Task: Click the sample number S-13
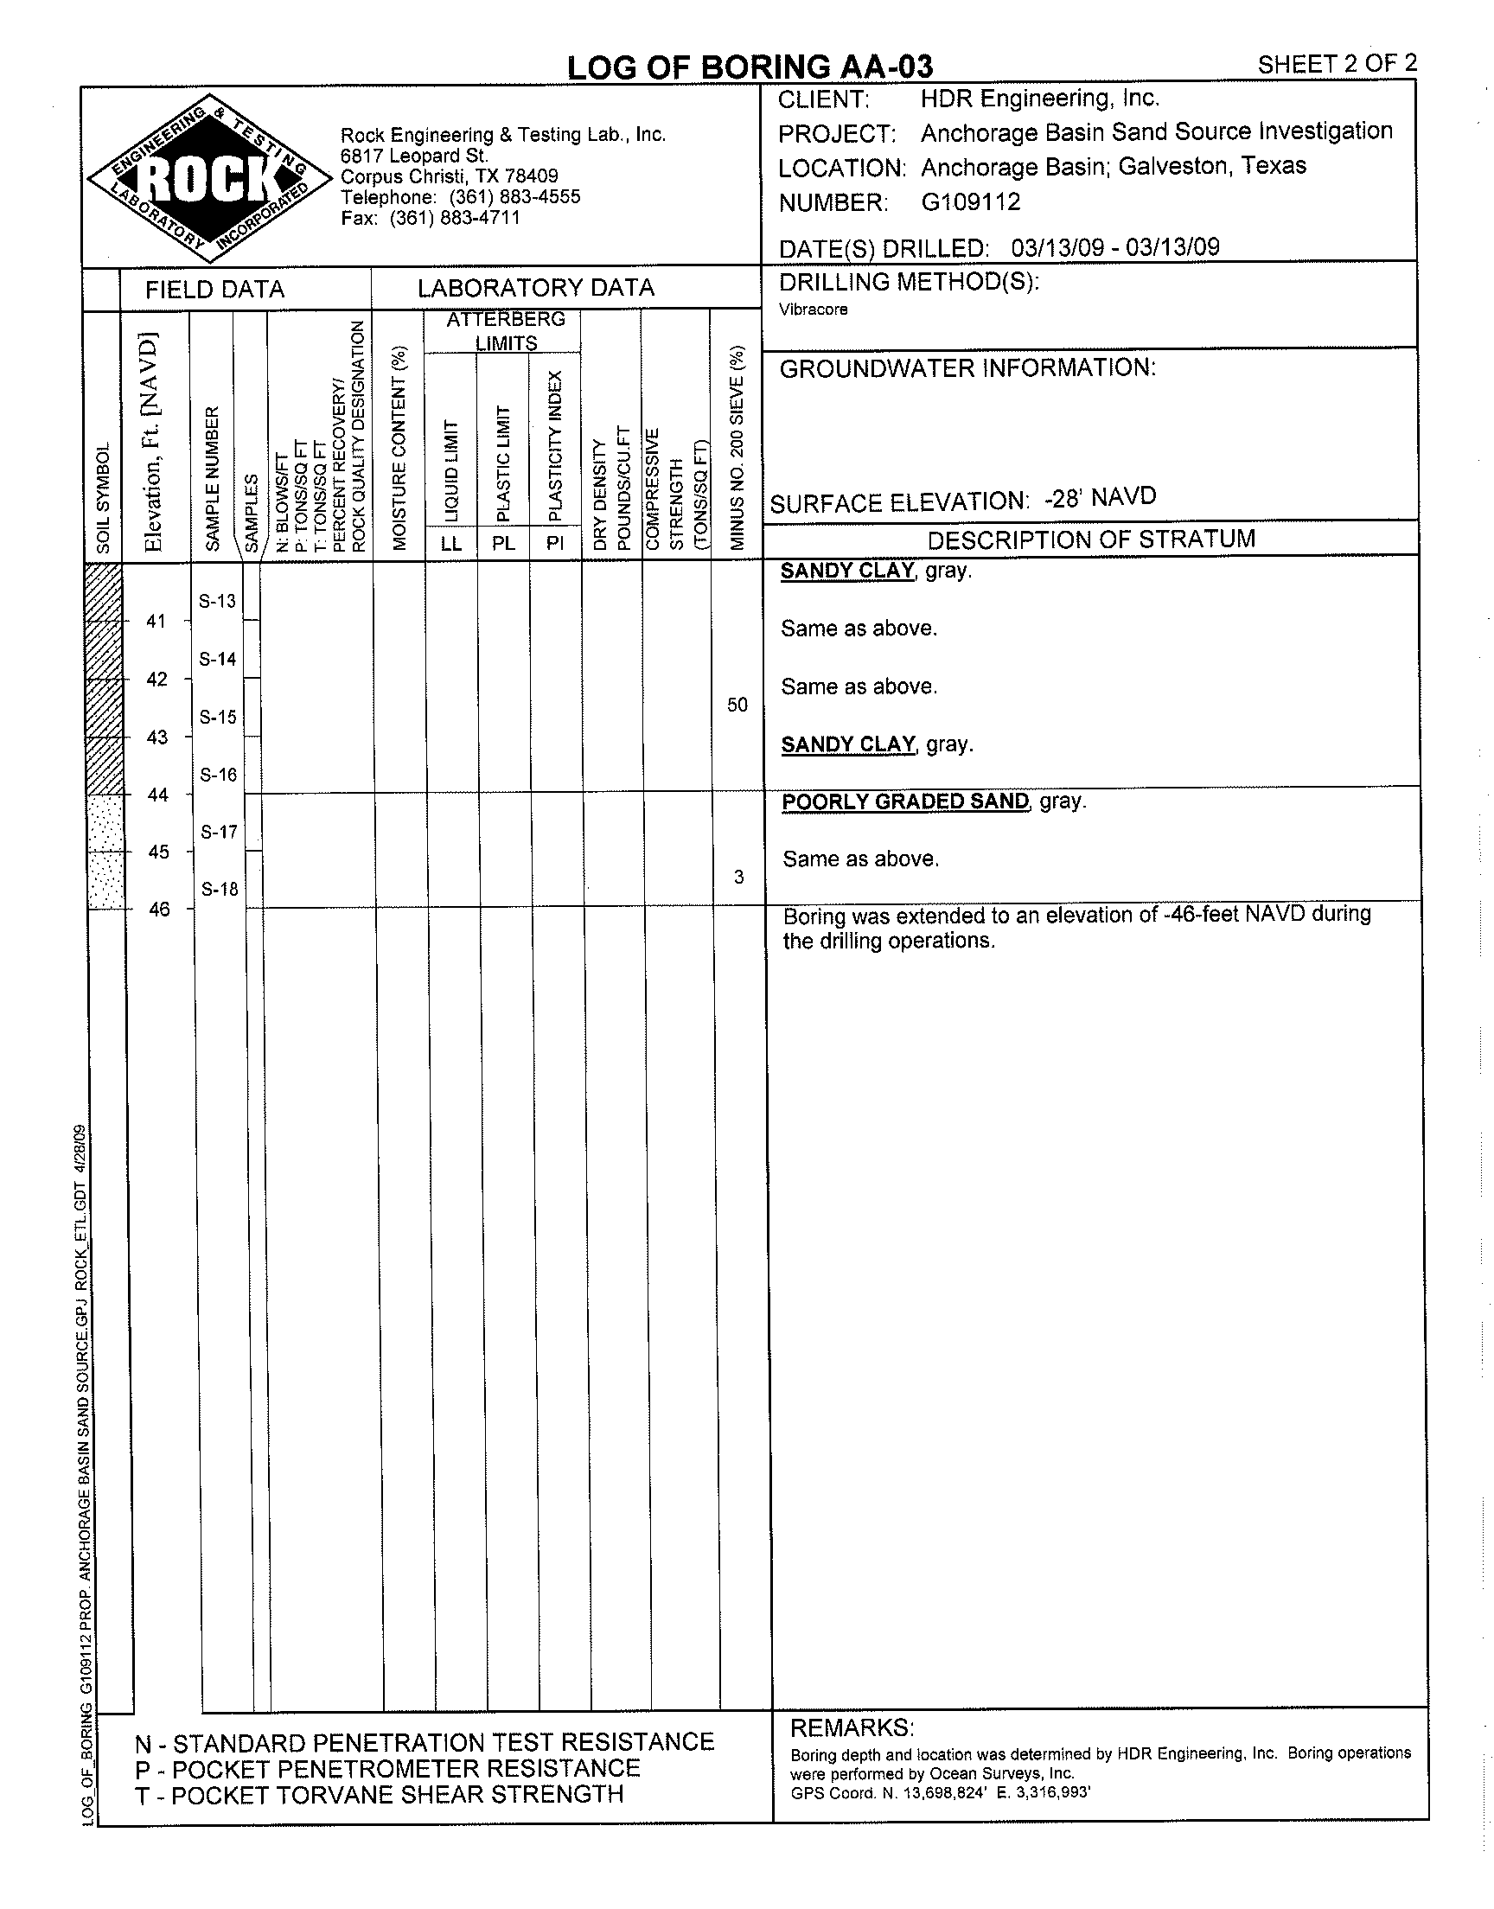pos(217,601)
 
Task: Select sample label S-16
pos(218,775)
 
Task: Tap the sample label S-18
pos(220,890)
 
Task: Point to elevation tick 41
pos(156,622)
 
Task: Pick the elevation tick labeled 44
pos(157,795)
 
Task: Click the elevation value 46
pos(159,910)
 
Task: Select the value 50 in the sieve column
pos(737,705)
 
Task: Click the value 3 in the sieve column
pos(739,877)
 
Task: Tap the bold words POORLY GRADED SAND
pos(905,802)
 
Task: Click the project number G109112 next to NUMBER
pos(971,202)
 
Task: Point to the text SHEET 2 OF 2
pos(1337,64)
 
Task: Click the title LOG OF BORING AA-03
pos(750,67)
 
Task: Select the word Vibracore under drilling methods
pos(814,310)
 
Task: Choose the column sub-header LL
pos(450,543)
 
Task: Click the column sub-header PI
pos(554,543)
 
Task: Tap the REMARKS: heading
pos(852,1728)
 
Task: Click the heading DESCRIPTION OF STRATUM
pos(1091,539)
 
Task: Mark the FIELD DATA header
pos(215,290)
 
